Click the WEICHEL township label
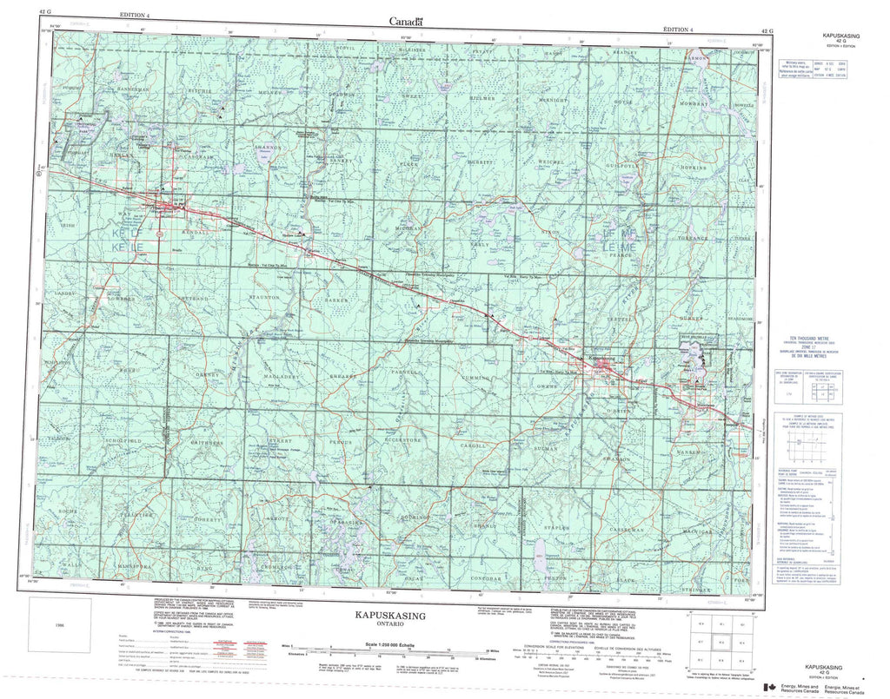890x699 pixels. pyautogui.click(x=552, y=162)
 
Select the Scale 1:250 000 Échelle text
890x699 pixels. pyautogui.click(x=399, y=644)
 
